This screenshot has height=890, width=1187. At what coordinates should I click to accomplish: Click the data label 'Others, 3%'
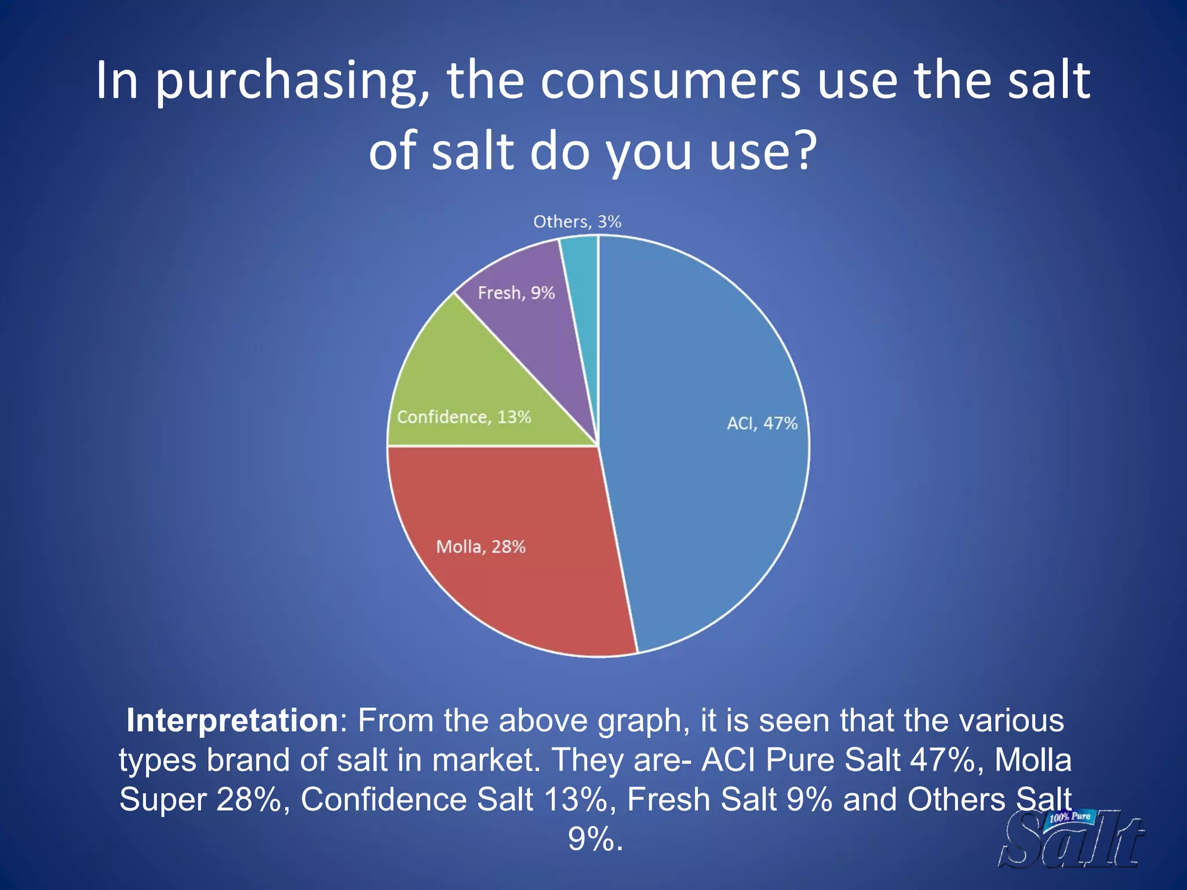[x=577, y=222]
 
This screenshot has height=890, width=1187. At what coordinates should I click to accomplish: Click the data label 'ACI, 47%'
[x=762, y=424]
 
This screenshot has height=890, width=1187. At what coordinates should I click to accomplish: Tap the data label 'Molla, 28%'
[x=480, y=547]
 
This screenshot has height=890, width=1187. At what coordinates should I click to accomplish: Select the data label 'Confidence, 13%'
[x=464, y=417]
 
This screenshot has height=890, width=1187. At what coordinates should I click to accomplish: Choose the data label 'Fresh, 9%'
[x=516, y=293]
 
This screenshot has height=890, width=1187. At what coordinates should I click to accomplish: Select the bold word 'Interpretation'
[x=232, y=720]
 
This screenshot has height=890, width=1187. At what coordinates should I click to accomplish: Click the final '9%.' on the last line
[x=595, y=838]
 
